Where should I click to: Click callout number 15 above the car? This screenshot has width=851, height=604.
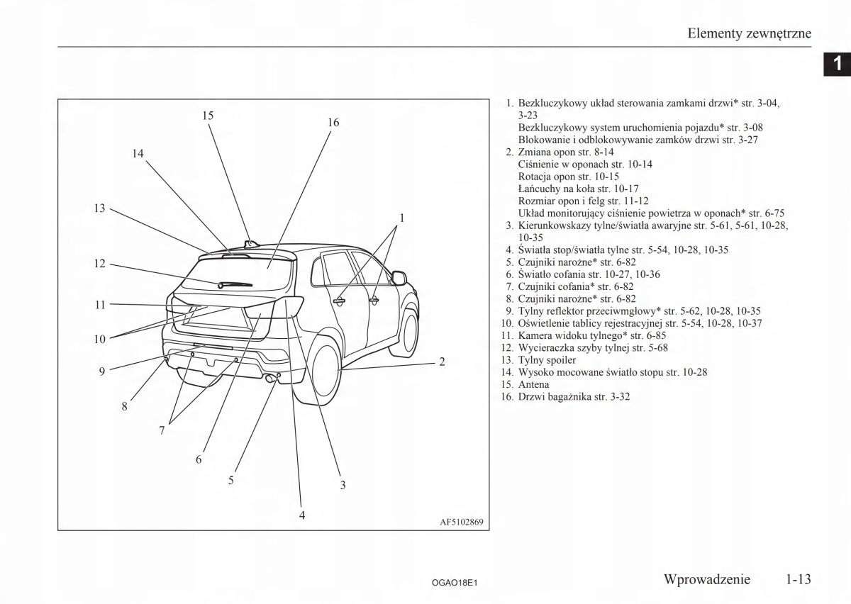(208, 116)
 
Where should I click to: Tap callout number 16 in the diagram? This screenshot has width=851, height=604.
(333, 123)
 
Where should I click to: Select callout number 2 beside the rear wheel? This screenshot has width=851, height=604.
(442, 362)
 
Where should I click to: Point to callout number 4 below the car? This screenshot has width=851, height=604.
(302, 515)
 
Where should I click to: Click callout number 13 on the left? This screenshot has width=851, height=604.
(99, 208)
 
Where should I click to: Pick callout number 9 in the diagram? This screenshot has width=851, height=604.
(102, 371)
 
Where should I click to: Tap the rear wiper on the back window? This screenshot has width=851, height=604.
(235, 284)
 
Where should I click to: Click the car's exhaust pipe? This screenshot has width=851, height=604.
(271, 379)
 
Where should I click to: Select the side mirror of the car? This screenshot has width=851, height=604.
(399, 278)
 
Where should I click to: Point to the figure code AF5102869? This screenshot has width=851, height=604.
(462, 523)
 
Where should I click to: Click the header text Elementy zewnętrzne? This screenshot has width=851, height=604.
(750, 33)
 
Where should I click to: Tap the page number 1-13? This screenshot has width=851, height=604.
(798, 579)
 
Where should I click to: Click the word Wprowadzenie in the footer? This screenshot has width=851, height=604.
(706, 579)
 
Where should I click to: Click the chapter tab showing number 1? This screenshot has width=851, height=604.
(838, 64)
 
